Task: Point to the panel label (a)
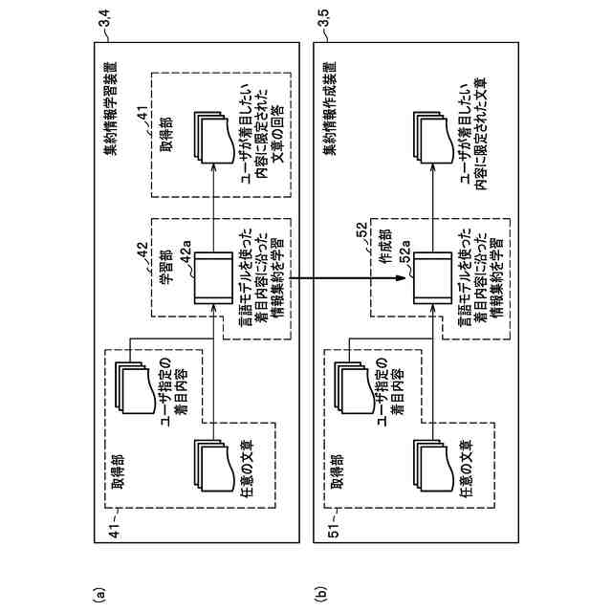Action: [x=95, y=594]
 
